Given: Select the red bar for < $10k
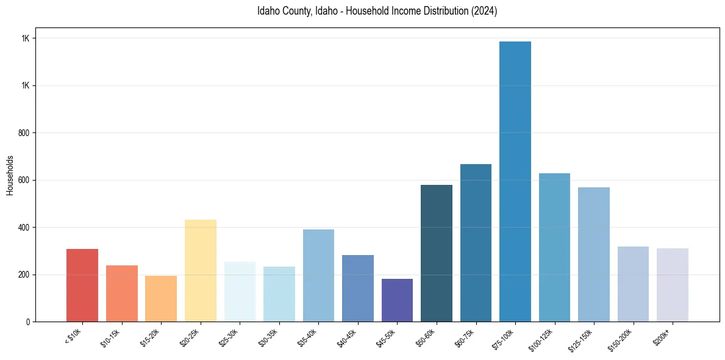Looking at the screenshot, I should (82, 285).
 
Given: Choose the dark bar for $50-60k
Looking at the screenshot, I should (437, 253).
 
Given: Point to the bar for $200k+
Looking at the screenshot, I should (672, 285).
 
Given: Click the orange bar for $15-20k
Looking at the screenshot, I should (161, 298).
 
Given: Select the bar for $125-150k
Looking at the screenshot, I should (593, 254).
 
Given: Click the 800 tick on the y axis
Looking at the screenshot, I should (24, 133).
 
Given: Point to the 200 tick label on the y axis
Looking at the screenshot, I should (24, 275).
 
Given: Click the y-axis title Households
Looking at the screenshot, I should (10, 175).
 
